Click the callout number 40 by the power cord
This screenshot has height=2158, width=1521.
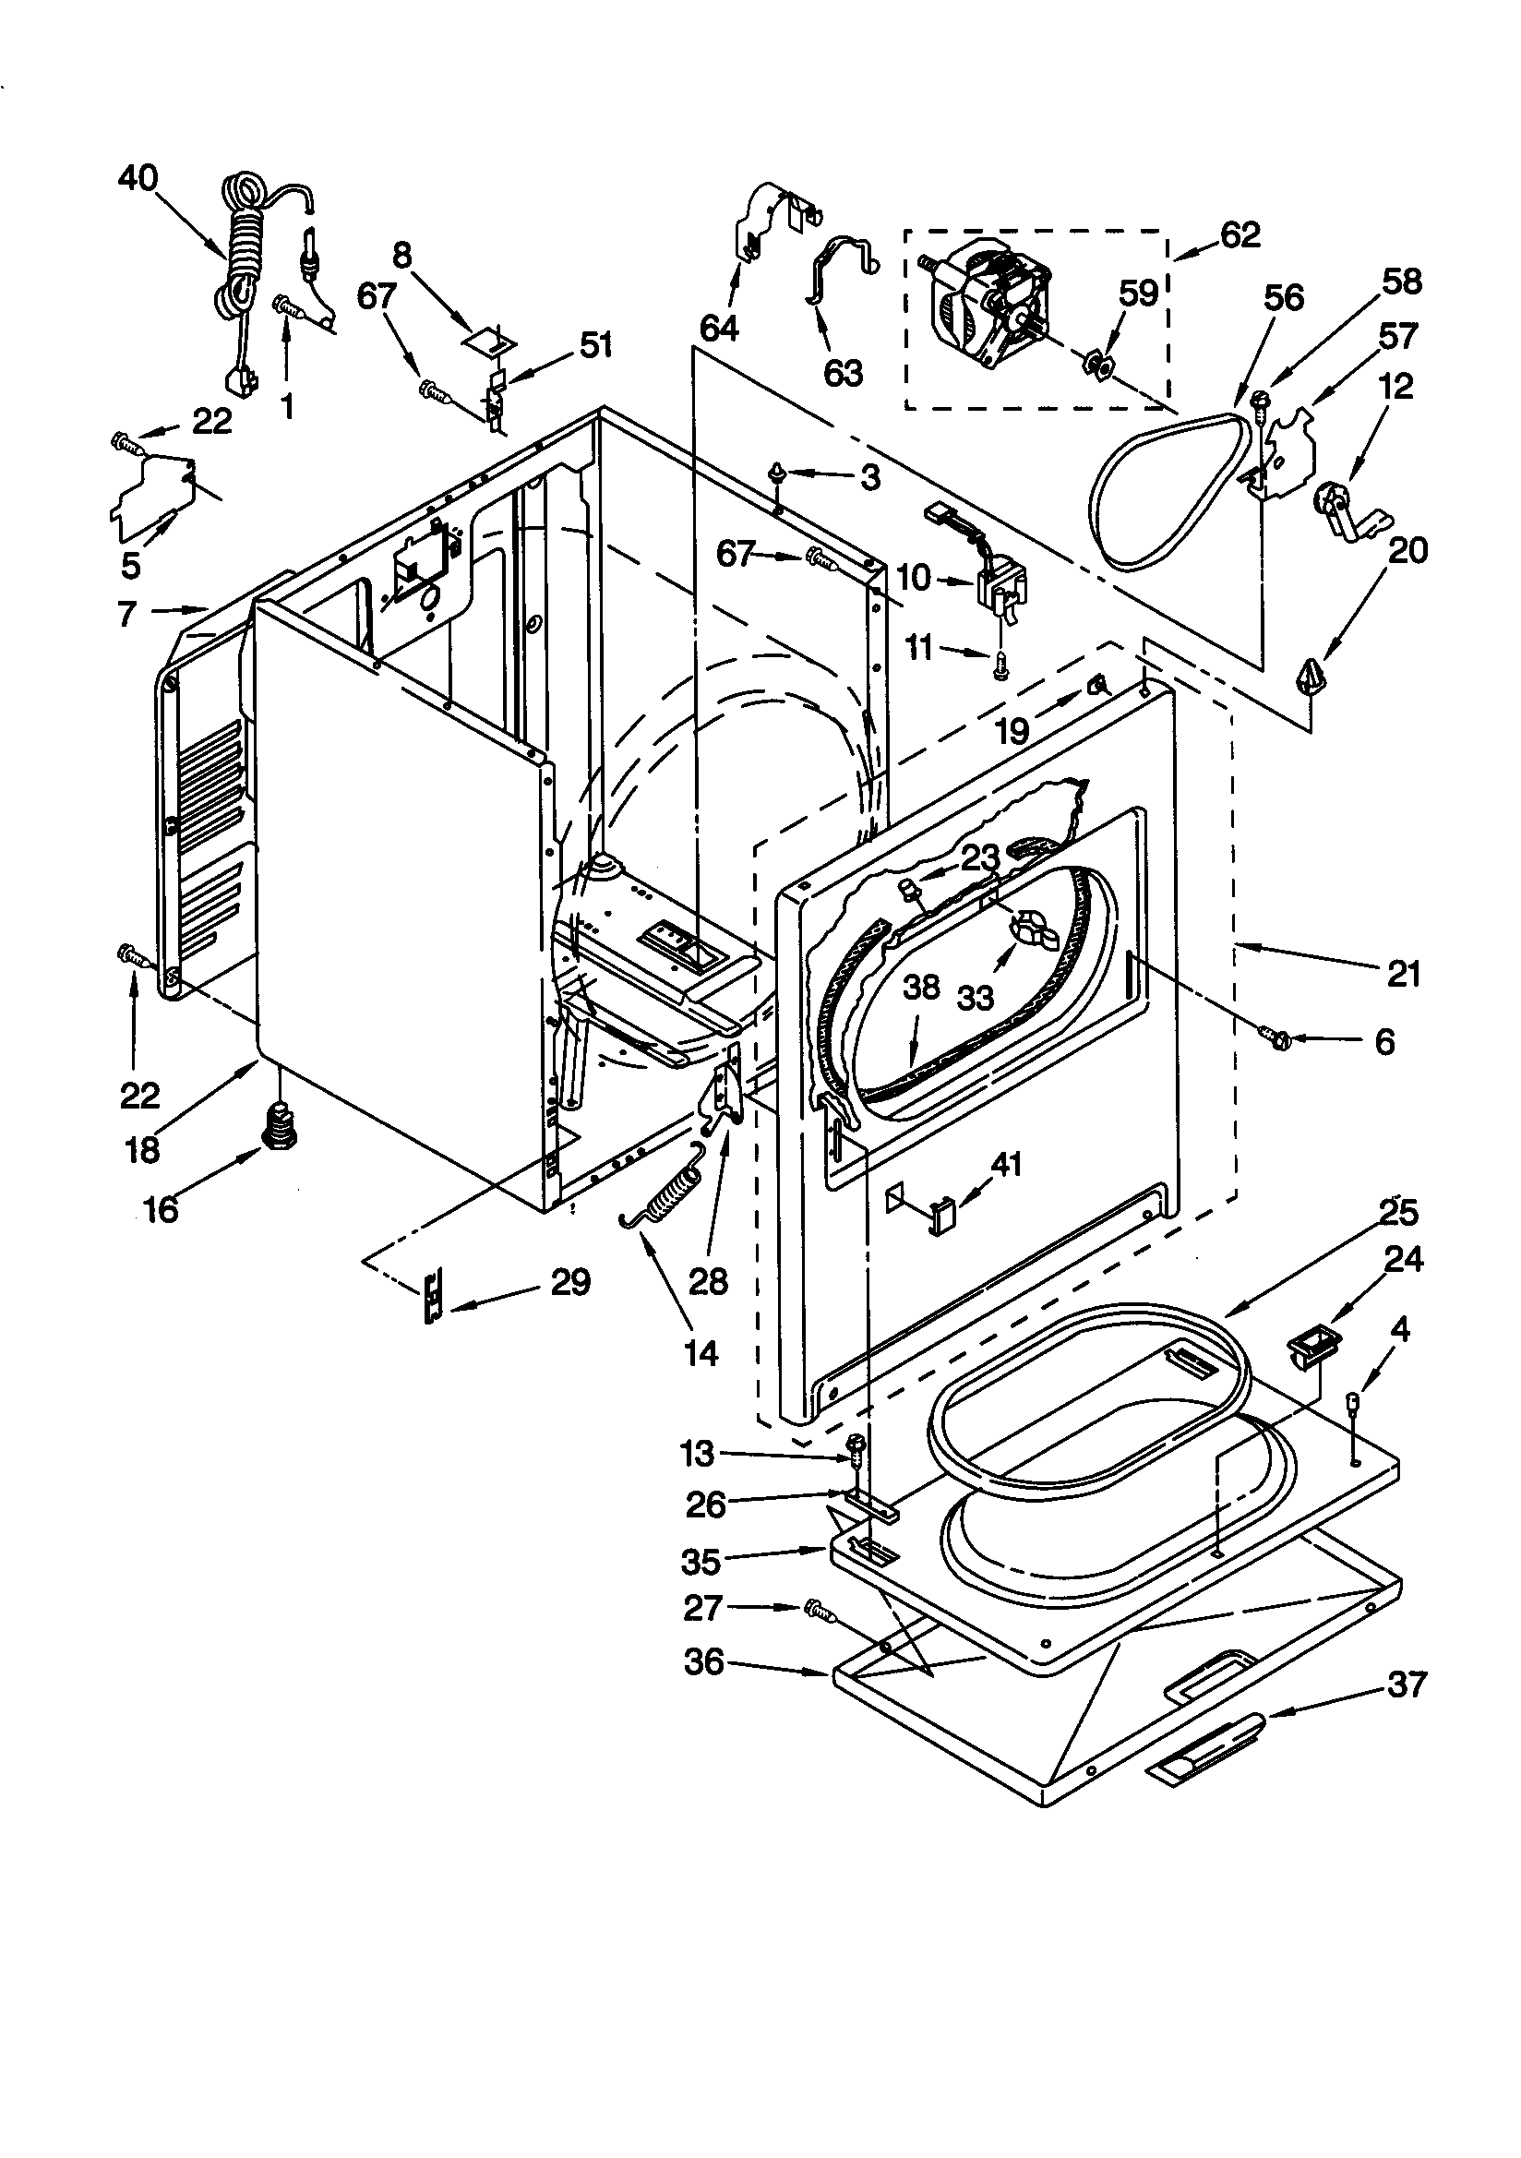pos(138,177)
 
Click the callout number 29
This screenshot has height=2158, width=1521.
pos(570,1281)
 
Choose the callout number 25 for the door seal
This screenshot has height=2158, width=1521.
pos(1398,1213)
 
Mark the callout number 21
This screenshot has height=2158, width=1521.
pos(1404,975)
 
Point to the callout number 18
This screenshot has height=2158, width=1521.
pos(142,1149)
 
